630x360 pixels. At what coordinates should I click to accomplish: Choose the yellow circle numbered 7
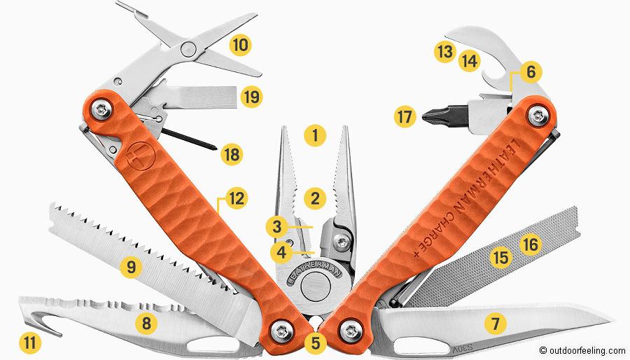coord(496,324)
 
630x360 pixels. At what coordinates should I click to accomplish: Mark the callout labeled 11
coord(32,342)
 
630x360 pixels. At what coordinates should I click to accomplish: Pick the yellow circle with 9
coord(128,267)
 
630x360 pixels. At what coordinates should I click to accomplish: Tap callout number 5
coord(316,343)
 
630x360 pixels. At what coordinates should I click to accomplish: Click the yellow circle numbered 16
coord(530,244)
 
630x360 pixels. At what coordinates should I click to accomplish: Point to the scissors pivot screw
coord(188,48)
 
